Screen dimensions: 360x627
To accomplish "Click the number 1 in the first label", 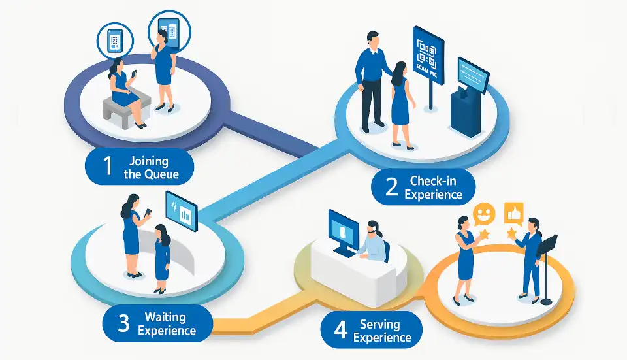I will (x=106, y=167).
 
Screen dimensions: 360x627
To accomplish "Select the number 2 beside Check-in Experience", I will (x=391, y=188).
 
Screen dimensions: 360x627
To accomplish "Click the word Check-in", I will (x=434, y=181).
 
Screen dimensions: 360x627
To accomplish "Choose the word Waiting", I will (x=165, y=318).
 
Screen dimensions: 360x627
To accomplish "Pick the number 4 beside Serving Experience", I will (x=340, y=330).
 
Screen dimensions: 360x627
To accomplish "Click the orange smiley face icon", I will (x=483, y=213).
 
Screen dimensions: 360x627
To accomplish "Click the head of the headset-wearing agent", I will (x=373, y=228).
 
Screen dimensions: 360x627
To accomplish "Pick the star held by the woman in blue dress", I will (x=485, y=233).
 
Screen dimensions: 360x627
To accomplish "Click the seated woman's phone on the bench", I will (x=134, y=74).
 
